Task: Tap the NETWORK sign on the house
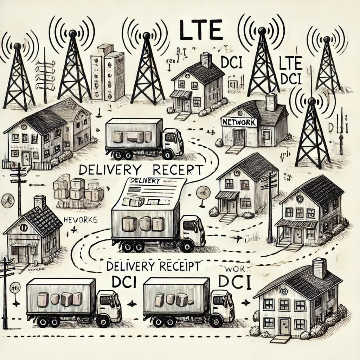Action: tap(239, 122)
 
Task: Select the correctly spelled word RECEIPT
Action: tap(176, 266)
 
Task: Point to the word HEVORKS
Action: tap(81, 219)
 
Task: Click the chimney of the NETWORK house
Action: tap(271, 102)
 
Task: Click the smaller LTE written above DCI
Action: tap(291, 65)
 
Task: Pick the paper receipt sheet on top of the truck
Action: tap(155, 192)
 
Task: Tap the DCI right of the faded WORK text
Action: tap(234, 282)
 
